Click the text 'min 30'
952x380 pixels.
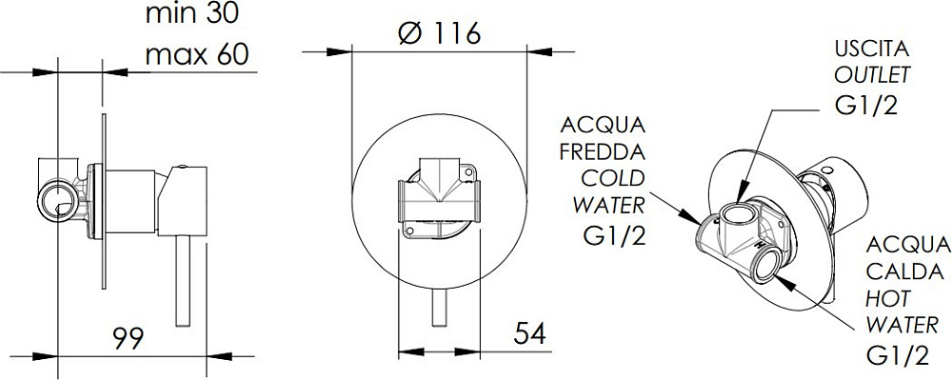pos(192,13)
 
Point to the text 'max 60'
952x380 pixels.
pos(198,54)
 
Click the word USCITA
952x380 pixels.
pos(872,48)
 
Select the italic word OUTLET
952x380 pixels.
pos(872,74)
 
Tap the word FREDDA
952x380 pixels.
pos(602,151)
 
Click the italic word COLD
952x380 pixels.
pos(612,178)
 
